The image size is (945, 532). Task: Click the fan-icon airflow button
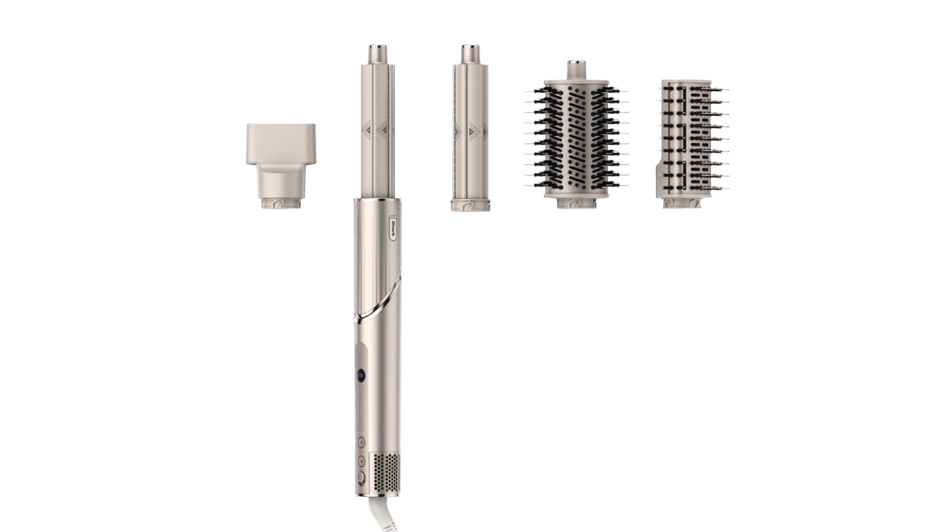(361, 442)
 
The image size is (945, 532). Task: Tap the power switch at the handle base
(360, 478)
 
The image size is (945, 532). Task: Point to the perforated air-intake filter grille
(385, 474)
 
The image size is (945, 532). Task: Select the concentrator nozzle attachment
(281, 166)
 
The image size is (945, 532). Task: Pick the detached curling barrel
(471, 128)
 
